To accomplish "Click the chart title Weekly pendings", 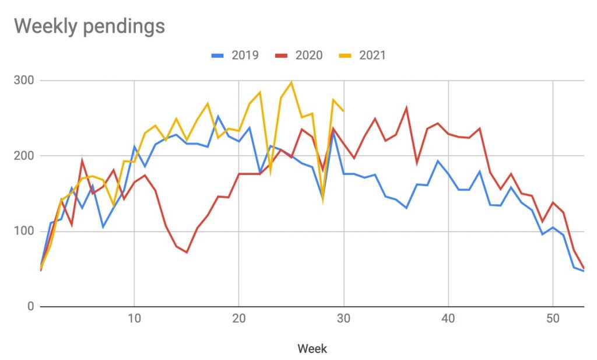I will (x=89, y=26).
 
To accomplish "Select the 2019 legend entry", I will (x=234, y=55).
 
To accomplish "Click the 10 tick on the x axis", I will (x=134, y=320).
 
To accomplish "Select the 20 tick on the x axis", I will (x=239, y=320).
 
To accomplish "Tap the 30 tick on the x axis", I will (x=344, y=320).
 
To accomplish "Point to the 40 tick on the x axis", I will (x=449, y=320).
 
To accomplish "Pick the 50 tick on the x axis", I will (x=553, y=320).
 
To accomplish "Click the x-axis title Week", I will (x=312, y=349).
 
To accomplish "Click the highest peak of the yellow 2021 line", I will (x=292, y=82).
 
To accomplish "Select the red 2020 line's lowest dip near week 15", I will (x=187, y=253).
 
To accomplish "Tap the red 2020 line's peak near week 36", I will (x=406, y=107).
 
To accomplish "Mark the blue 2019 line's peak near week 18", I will (x=218, y=116).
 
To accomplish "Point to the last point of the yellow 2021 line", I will (x=343, y=110).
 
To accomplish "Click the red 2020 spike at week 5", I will (x=82, y=160).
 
